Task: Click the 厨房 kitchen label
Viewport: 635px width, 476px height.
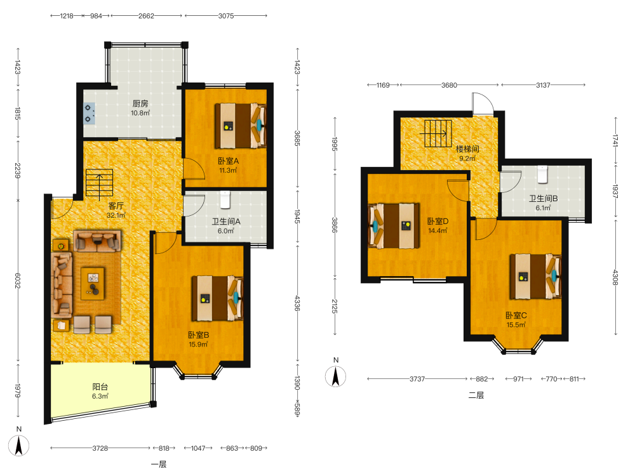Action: (140, 103)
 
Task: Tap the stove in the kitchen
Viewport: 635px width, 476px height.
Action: (90, 114)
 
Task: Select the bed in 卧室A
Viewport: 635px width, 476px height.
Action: (240, 126)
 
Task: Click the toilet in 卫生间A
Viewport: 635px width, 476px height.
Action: (225, 199)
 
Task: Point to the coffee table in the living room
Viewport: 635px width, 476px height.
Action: (93, 283)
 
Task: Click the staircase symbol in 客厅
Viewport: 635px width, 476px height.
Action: (99, 183)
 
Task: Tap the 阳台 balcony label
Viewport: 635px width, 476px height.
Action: (100, 387)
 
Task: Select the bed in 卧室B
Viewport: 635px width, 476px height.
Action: (217, 298)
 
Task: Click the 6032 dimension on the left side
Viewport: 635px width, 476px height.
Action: (17, 281)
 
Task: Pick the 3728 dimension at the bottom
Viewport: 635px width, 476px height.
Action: (100, 448)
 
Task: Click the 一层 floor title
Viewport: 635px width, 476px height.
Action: (159, 465)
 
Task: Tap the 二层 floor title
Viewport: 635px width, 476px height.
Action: (476, 395)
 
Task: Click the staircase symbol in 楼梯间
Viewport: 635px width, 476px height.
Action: (438, 133)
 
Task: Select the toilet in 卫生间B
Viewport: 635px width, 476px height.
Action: (543, 174)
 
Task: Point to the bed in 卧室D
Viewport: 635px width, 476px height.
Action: (394, 226)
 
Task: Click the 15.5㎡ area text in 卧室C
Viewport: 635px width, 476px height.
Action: (516, 324)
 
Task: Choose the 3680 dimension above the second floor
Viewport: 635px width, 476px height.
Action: (449, 85)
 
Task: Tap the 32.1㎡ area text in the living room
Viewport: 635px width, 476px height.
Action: (116, 215)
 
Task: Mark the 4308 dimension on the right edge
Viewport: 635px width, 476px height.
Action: (615, 277)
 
